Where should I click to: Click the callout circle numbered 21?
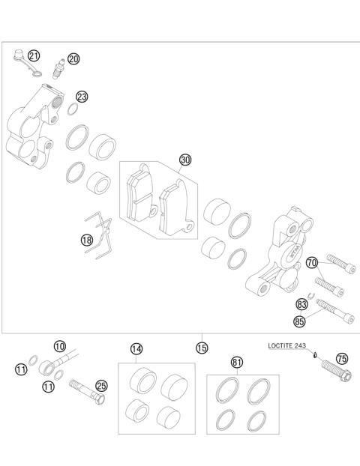34,56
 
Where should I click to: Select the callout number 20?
73,59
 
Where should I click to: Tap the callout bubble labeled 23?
82,97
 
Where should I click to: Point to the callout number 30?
185,160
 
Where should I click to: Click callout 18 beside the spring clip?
88,240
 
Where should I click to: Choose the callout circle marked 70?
312,262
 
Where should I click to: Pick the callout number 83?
302,305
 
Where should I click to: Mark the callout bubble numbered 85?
301,322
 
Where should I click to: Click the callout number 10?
60,346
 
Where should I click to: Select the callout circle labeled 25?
101,386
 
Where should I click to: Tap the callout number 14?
136,348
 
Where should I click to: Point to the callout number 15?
202,348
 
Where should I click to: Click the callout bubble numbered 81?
237,363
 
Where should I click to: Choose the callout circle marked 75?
342,358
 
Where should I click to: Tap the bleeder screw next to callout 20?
57,73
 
